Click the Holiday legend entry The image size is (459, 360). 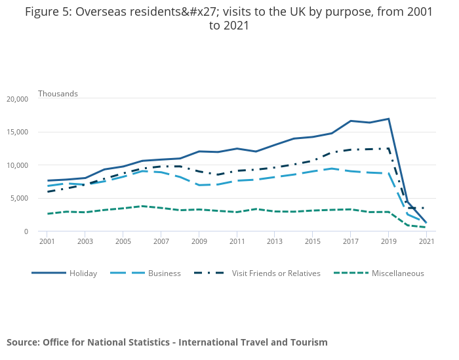[83, 273]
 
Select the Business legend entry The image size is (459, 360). [164, 273]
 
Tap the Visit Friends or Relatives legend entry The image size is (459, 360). [275, 273]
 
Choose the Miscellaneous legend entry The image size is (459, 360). [397, 273]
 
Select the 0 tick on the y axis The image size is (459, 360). [26, 231]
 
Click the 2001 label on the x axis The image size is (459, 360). [47, 241]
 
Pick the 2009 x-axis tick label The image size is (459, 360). [199, 241]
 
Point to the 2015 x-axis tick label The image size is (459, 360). [312, 241]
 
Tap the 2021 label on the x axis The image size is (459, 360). [426, 241]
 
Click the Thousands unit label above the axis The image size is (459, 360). [58, 94]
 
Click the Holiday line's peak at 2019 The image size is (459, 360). [388, 119]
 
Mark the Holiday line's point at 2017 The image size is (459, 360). [351, 121]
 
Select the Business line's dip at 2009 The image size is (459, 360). [199, 185]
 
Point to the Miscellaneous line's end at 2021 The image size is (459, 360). [426, 228]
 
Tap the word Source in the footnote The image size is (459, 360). [23, 342]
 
